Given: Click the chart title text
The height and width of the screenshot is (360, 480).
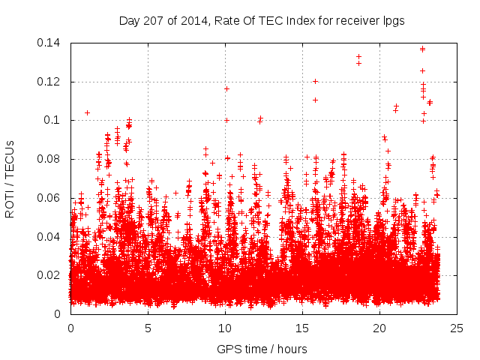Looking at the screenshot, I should tap(262, 21).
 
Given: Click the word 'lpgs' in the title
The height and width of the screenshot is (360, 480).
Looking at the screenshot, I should tap(392, 21).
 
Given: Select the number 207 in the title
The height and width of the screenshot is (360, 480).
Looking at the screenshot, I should tap(153, 21).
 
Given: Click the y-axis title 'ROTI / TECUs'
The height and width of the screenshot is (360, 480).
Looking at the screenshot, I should tap(10, 178).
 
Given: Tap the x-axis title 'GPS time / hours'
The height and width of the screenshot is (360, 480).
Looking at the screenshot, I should tap(262, 349).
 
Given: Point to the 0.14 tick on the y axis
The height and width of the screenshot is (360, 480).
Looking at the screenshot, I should tap(50, 43).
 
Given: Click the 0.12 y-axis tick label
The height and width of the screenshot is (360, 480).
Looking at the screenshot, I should tap(50, 81).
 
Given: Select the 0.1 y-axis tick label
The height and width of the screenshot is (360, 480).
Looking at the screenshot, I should tap(55, 120).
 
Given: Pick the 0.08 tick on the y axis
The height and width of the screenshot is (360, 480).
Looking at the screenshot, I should tap(50, 159).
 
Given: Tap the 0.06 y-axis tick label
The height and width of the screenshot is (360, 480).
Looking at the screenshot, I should tap(50, 198).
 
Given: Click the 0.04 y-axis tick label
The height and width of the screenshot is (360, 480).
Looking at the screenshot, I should tap(50, 237).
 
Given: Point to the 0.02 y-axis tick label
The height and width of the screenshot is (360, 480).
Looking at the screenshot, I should tap(50, 275).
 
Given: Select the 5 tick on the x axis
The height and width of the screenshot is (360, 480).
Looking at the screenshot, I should tap(148, 328).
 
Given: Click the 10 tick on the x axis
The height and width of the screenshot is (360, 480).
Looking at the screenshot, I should tap(225, 328).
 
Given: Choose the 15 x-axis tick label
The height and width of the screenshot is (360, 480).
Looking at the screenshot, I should tap(303, 328).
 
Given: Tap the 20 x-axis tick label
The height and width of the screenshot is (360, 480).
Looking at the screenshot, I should tap(380, 328).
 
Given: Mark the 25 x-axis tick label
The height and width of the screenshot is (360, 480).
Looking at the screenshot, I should tap(457, 328).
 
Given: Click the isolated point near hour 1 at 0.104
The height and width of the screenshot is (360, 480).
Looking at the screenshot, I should tap(87, 112).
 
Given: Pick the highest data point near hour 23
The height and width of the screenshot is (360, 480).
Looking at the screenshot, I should tap(422, 49).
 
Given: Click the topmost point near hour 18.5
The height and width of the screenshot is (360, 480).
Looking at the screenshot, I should tap(358, 56).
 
